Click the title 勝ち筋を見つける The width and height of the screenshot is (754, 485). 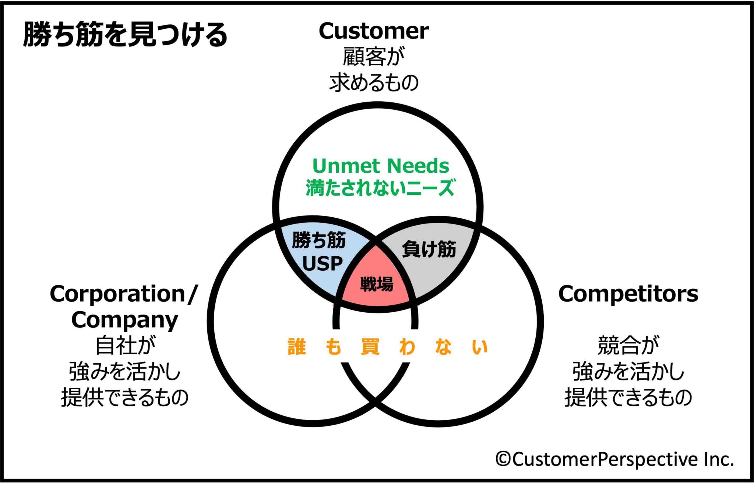pos(125,34)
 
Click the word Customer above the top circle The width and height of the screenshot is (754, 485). pos(373,31)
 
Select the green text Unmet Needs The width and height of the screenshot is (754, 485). pos(381,166)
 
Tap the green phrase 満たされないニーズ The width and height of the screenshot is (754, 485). pos(381,187)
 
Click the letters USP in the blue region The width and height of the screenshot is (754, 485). pos(322,264)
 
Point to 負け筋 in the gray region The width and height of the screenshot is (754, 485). pos(429,249)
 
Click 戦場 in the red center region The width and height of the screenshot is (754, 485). pos(377,284)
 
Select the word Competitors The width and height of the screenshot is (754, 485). pos(628,294)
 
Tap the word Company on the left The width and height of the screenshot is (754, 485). pos(124,320)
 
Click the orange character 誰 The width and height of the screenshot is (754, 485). pos(297,347)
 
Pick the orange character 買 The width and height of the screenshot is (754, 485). pos(370,347)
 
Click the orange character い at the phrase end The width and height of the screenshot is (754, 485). pos(480,347)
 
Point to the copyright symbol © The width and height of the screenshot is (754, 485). pos(503,459)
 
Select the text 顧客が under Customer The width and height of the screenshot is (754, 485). pos(373,57)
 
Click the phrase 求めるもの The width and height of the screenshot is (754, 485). pos(373,82)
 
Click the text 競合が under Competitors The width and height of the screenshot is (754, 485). pos(628,345)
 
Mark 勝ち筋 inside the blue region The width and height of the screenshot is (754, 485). pos(319,240)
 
